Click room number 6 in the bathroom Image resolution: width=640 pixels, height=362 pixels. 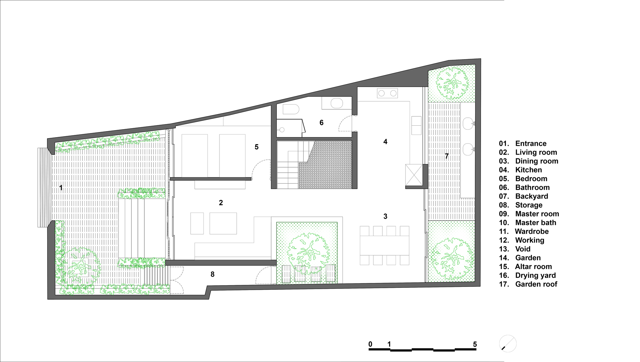[x=321, y=122]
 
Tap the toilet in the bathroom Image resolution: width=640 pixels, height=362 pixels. [x=291, y=109]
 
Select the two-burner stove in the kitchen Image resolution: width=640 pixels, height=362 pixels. [x=387, y=93]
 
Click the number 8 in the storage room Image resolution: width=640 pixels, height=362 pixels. [x=212, y=274]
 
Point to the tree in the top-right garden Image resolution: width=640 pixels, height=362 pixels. [x=452, y=83]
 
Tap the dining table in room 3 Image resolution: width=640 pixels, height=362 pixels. [x=384, y=245]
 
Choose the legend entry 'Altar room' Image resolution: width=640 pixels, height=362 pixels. [x=533, y=266]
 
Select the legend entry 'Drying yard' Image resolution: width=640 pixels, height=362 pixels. [x=535, y=275]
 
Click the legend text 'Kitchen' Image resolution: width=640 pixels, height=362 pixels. [x=528, y=170]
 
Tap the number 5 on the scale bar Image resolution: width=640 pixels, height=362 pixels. [x=475, y=344]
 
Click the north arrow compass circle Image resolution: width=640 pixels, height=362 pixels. [x=508, y=344]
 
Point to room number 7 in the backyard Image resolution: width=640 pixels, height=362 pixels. [x=447, y=156]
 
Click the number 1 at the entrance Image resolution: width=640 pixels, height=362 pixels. [x=61, y=188]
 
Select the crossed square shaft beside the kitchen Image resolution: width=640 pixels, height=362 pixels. [x=414, y=175]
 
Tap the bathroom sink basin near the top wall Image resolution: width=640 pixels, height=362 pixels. [x=336, y=103]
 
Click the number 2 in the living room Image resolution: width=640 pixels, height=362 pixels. [x=221, y=202]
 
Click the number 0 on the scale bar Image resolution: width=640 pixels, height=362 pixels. [x=370, y=344]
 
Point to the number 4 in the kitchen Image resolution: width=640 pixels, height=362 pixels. [x=385, y=141]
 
